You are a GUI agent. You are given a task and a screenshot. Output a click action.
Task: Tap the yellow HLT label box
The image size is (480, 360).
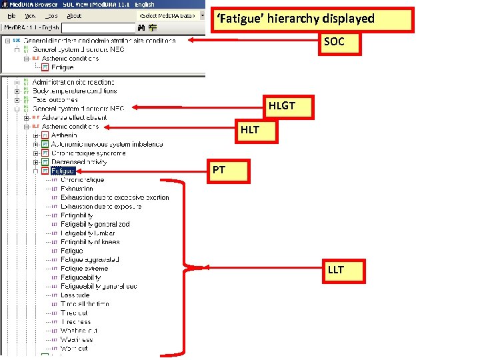[250, 130]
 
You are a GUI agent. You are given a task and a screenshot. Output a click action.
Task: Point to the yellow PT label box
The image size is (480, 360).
[219, 171]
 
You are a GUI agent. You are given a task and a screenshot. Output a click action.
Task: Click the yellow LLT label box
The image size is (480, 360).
[336, 271]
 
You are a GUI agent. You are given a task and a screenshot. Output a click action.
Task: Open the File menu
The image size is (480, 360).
[12, 15]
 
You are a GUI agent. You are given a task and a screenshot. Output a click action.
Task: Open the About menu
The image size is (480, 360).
[75, 15]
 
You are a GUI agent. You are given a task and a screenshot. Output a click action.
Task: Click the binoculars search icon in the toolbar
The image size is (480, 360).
[141, 28]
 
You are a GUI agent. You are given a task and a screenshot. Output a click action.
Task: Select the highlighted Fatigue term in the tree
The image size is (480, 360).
[63, 171]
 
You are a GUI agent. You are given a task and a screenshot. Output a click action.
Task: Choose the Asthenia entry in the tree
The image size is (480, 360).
[64, 135]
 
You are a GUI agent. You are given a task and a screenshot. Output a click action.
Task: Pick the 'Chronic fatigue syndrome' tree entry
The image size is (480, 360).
[93, 153]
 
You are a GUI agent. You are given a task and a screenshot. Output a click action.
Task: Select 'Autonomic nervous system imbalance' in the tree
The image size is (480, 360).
[107, 144]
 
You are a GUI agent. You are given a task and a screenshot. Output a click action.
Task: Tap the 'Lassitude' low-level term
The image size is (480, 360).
[75, 295]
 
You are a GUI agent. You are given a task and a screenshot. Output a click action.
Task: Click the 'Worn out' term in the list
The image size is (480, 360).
[74, 349]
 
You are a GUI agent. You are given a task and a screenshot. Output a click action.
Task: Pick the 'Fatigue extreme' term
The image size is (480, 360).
[84, 269]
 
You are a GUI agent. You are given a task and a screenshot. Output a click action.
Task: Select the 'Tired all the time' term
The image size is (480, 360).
[85, 304]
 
